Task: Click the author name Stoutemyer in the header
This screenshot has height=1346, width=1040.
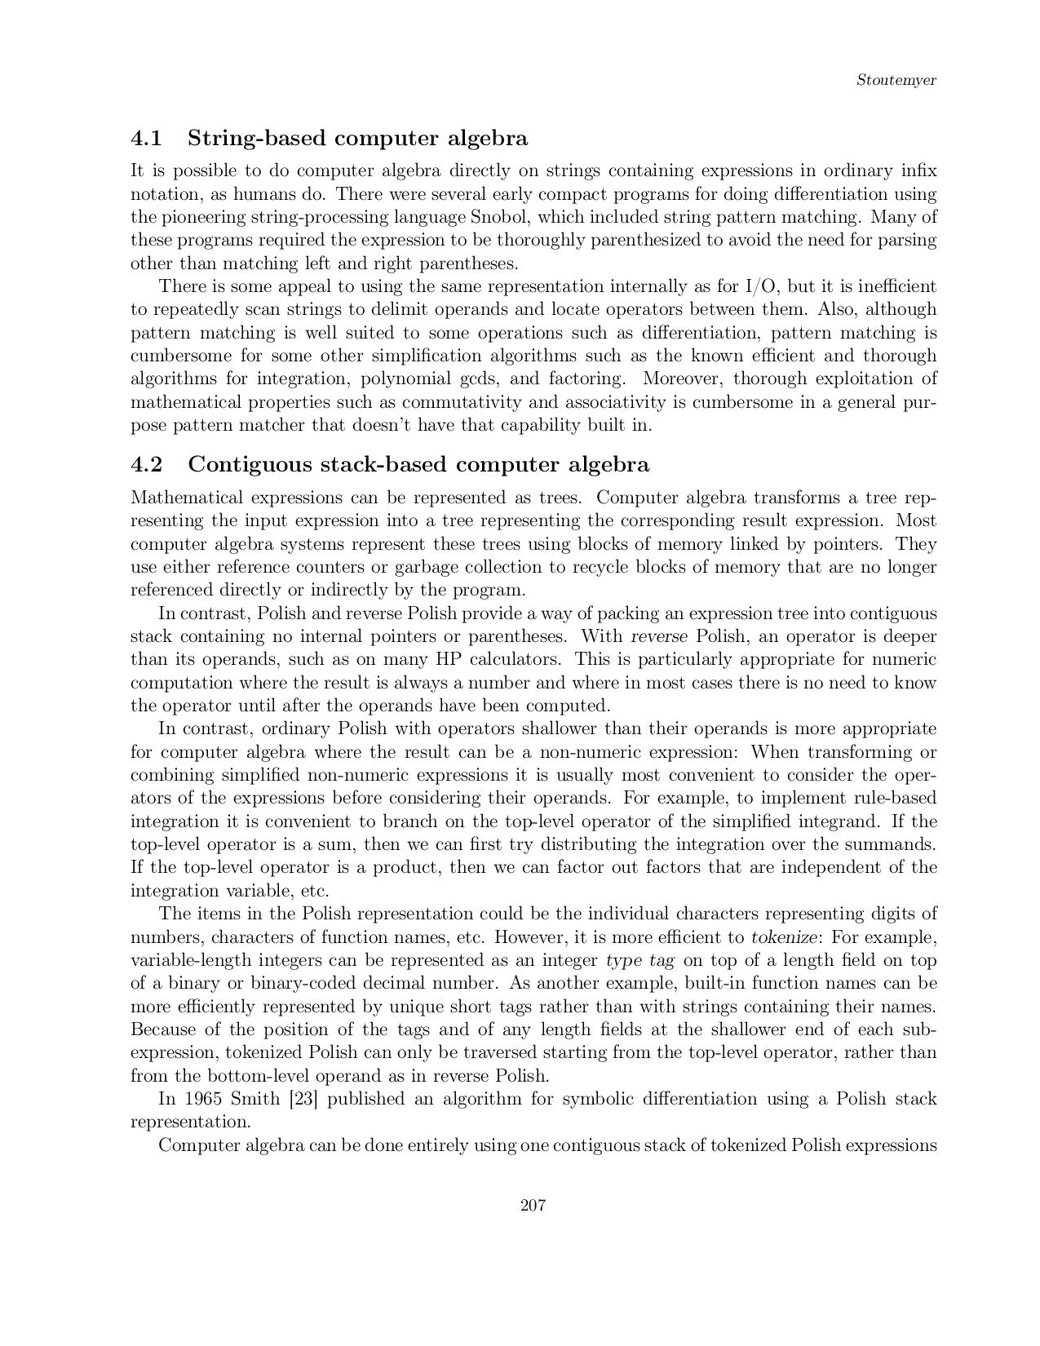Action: tap(896, 80)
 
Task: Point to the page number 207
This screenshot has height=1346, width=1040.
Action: tap(533, 1206)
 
